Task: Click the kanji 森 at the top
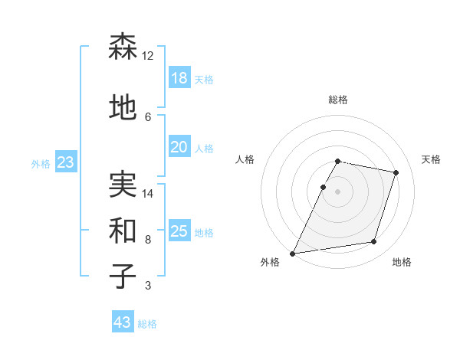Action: pos(123,47)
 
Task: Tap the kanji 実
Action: pos(123,185)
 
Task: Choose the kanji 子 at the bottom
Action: pos(123,276)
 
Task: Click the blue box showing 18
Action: pos(179,78)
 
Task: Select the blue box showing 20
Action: pos(179,147)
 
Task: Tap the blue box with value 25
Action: pos(179,231)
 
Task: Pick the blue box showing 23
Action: pos(65,162)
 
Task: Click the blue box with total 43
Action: pos(123,322)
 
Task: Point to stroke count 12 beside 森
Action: pos(148,56)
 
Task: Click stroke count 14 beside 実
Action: pos(148,194)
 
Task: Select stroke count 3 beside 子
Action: pos(148,286)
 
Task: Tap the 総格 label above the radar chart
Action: pos(338,100)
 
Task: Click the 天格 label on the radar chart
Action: pos(431,159)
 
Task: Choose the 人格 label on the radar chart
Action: pos(245,159)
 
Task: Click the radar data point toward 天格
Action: pos(396,172)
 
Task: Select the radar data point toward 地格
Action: pos(374,242)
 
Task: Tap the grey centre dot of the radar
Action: pos(338,191)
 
